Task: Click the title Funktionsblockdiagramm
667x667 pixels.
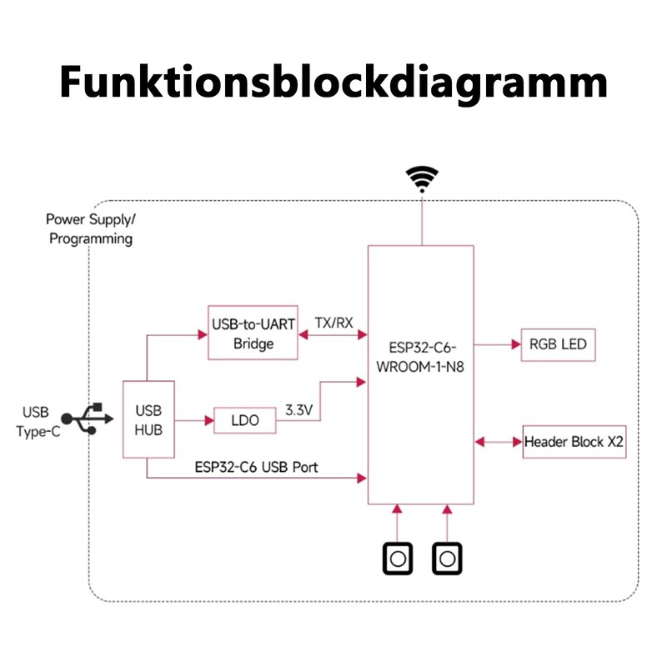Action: point(333,85)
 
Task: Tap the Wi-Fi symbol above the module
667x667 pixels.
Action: point(422,179)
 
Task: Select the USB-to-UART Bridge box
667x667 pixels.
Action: point(253,333)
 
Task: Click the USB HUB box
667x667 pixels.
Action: point(148,419)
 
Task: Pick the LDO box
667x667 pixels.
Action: point(245,421)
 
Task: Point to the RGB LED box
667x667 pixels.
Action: point(559,344)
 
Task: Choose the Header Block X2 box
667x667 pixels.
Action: point(574,442)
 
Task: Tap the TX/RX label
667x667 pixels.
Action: point(333,322)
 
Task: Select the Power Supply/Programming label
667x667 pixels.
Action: point(90,229)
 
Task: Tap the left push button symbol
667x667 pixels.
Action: point(397,558)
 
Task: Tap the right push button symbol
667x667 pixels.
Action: point(447,558)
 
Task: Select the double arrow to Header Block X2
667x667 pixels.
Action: point(497,442)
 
